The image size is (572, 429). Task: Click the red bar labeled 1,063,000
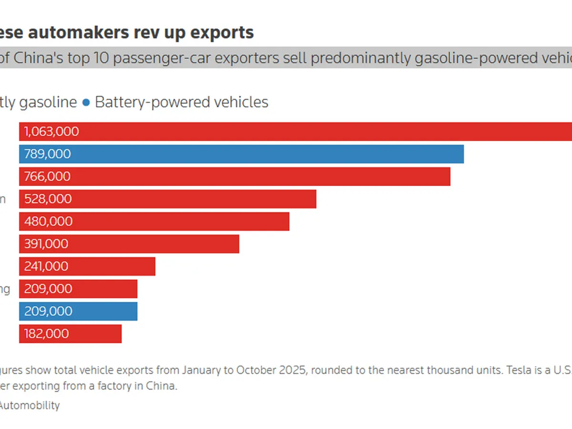point(296,132)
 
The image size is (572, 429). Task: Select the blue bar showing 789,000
point(241,154)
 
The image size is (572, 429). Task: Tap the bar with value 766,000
point(235,176)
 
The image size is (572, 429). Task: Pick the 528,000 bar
point(168,199)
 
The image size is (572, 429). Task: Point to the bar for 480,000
point(154,221)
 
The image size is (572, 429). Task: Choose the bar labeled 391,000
point(129,244)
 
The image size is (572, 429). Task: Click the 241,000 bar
point(87,266)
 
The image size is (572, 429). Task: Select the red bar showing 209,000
point(78,288)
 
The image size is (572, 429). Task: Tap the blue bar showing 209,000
point(78,311)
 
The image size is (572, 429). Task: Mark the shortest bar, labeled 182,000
point(70,333)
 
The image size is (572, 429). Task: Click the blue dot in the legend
point(86,102)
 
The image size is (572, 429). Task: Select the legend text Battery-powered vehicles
point(182,102)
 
